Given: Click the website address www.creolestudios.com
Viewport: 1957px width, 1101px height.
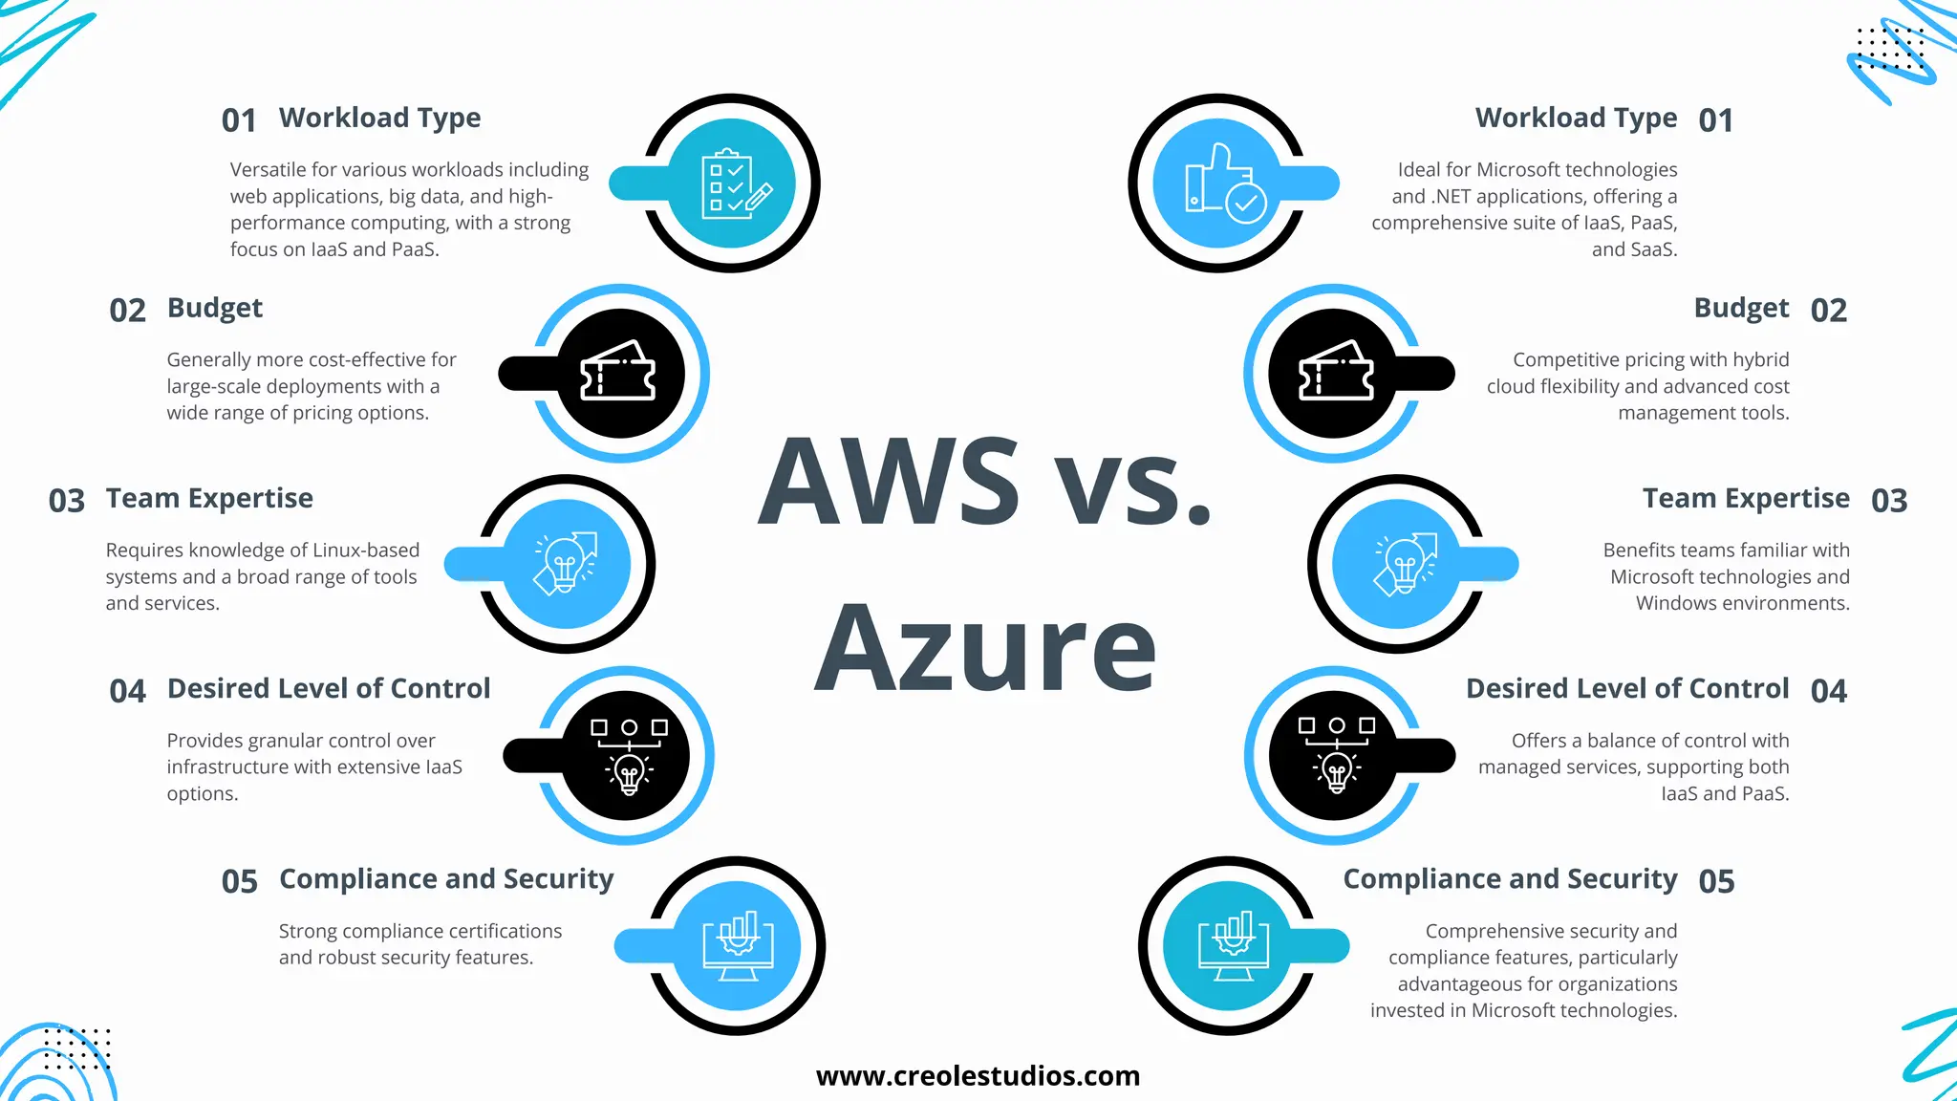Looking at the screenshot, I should point(978,1076).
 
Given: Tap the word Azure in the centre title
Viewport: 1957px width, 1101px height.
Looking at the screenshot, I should point(985,649).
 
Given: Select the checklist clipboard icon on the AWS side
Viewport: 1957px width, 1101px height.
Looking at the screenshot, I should point(732,183).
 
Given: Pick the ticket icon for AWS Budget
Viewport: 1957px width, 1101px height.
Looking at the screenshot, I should point(619,373).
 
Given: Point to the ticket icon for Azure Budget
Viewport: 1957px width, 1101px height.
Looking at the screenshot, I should point(1335,373).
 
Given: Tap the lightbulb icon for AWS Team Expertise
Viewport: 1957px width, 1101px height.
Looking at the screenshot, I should point(566,564).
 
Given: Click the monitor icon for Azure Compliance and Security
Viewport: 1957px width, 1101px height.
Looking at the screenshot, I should point(1233,945).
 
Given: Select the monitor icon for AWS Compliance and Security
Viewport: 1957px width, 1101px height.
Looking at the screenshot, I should point(738,945).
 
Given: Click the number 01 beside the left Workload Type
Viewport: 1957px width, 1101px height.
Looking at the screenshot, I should point(239,120).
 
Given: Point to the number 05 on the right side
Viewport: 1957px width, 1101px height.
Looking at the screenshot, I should point(1716,881).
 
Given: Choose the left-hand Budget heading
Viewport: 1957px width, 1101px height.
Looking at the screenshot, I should point(215,308).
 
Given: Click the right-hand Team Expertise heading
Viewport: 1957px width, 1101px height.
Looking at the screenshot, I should point(1746,498).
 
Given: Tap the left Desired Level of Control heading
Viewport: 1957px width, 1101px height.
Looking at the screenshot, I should point(329,688).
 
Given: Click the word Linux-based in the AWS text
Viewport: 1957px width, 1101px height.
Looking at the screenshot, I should point(366,550).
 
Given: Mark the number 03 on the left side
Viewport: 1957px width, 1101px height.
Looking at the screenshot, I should point(67,501).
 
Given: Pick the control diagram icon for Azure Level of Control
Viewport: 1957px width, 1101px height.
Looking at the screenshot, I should point(1336,755).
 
